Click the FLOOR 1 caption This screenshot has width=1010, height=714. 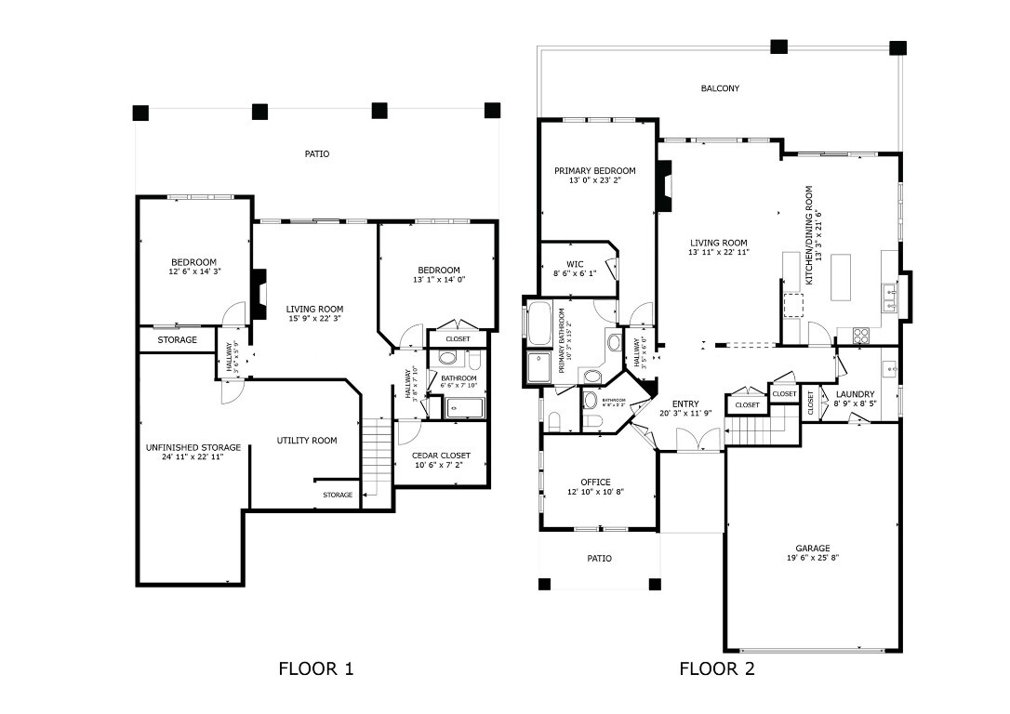(x=316, y=668)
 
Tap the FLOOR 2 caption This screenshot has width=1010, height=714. (x=717, y=668)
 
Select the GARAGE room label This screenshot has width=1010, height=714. (x=812, y=548)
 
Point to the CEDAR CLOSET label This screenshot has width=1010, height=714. (x=442, y=456)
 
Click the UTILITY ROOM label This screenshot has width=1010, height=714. (x=307, y=440)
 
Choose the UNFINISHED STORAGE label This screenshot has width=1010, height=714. (x=193, y=447)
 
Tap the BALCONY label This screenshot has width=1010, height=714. (x=720, y=88)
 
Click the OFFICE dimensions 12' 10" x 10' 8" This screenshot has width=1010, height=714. (x=595, y=492)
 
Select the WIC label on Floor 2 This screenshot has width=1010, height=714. (x=574, y=263)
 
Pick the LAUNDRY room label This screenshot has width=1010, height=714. (x=855, y=394)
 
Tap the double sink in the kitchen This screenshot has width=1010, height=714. (x=890, y=298)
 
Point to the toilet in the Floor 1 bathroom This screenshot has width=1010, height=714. (x=472, y=360)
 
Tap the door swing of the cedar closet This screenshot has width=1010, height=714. (x=407, y=430)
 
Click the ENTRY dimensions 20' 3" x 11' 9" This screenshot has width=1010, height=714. (x=685, y=413)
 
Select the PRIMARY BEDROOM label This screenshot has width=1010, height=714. (x=595, y=171)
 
